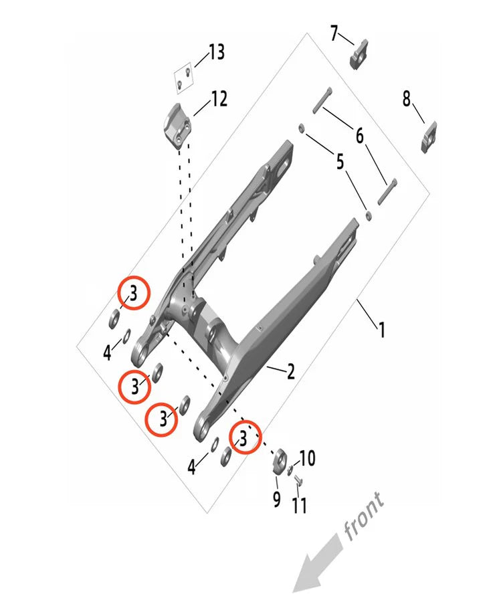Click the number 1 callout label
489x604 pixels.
382,330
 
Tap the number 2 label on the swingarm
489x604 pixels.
291,372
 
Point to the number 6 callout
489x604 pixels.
360,136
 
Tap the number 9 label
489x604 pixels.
276,499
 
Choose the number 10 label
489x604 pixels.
306,459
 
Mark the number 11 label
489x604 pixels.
300,504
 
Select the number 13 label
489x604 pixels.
216,52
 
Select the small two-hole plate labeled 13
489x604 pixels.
184,78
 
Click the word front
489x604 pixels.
364,515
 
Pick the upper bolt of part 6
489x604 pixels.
322,103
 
